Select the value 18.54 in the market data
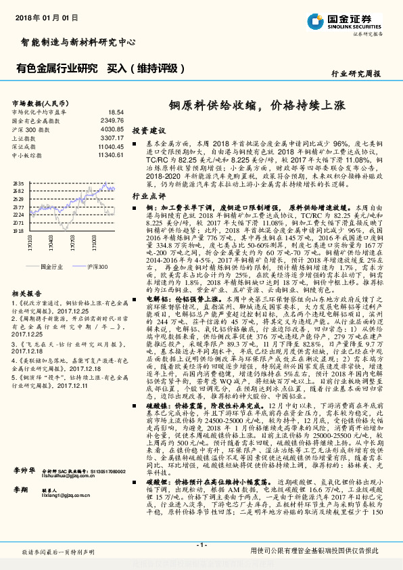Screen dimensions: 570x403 (x=116, y=112)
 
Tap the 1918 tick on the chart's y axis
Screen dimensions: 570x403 (x=18, y=230)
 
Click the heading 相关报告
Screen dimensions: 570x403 (x=28, y=294)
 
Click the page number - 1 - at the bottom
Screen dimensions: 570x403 (x=201, y=545)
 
